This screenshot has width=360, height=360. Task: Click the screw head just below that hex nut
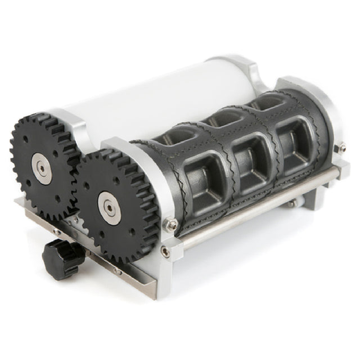[164, 251]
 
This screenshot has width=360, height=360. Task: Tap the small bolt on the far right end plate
[341, 147]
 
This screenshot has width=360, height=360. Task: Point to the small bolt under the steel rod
[291, 204]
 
